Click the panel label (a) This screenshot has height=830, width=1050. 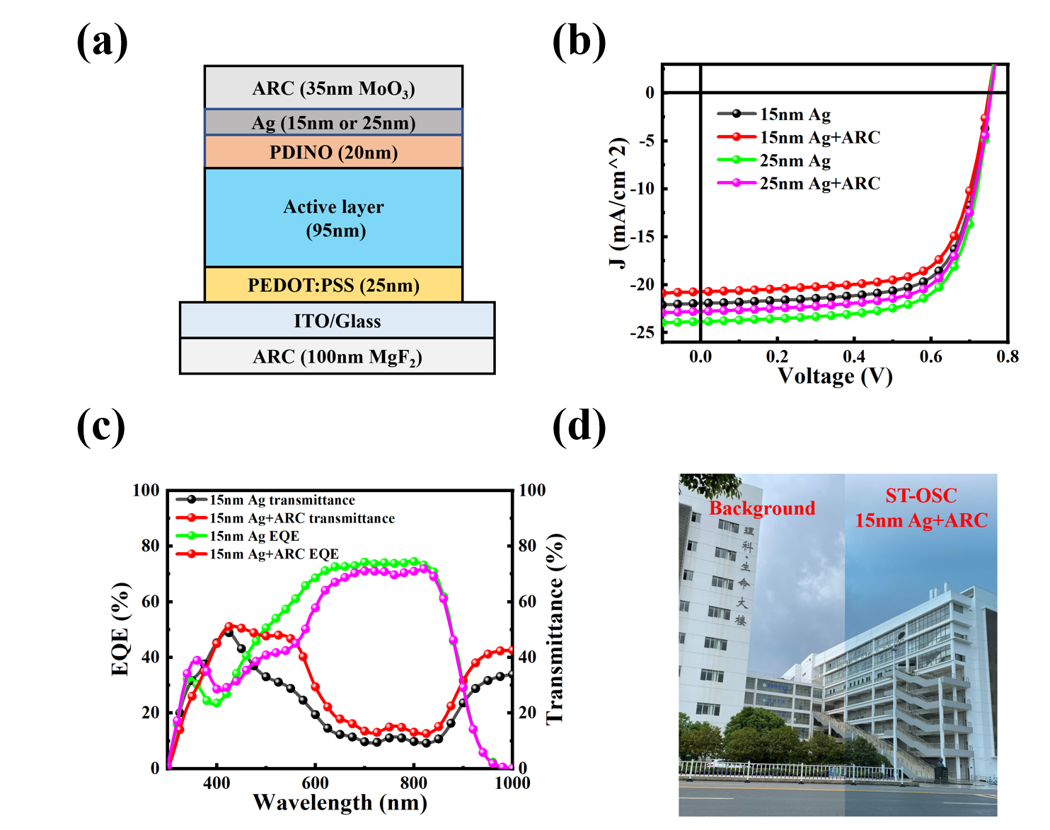pyautogui.click(x=102, y=42)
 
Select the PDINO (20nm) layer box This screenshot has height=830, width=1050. pyautogui.click(x=333, y=152)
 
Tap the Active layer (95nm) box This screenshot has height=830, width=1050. pyautogui.click(x=333, y=218)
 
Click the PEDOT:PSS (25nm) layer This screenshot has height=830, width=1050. pyautogui.click(x=333, y=285)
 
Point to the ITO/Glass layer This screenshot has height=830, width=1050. pyautogui.click(x=337, y=321)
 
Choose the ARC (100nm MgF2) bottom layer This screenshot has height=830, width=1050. pyautogui.click(x=337, y=357)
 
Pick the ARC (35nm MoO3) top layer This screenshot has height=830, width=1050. pyautogui.click(x=333, y=88)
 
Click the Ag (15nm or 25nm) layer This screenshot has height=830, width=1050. pyautogui.click(x=333, y=122)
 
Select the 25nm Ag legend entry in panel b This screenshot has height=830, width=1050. pyautogui.click(x=795, y=160)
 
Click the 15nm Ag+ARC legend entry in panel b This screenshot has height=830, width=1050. pyautogui.click(x=819, y=137)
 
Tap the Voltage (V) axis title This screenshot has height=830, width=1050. pyautogui.click(x=835, y=375)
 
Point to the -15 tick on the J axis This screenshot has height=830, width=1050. pyautogui.click(x=642, y=236)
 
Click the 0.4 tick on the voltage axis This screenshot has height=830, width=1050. pyautogui.click(x=854, y=356)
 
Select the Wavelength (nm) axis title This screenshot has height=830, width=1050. pyautogui.click(x=340, y=802)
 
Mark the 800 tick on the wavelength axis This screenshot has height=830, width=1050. pyautogui.click(x=413, y=783)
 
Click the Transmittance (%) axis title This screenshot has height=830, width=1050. pyautogui.click(x=556, y=629)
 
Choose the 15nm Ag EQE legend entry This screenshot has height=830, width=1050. pyautogui.click(x=254, y=536)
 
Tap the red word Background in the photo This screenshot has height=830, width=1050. pyautogui.click(x=762, y=508)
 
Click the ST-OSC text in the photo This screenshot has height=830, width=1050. pyautogui.click(x=921, y=496)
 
